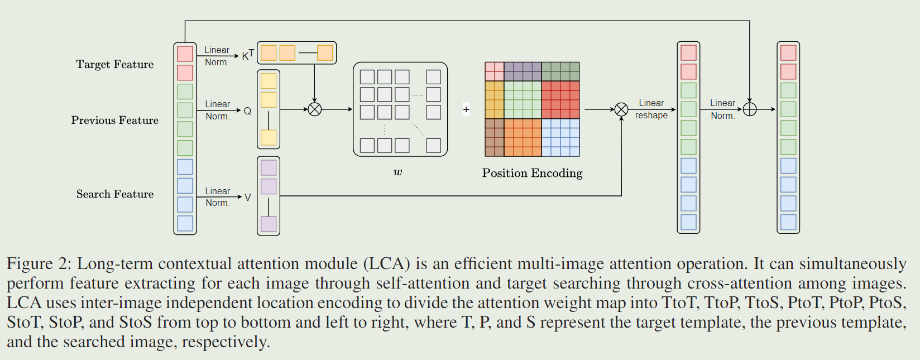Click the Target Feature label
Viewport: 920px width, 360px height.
pyautogui.click(x=114, y=64)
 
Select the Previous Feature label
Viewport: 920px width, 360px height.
pyautogui.click(x=114, y=120)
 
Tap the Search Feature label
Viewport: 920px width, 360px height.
pyautogui.click(x=114, y=194)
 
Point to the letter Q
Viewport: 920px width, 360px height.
pyautogui.click(x=247, y=111)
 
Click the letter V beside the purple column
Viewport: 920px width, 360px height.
pyautogui.click(x=247, y=197)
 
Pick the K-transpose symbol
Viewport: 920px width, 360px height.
pyautogui.click(x=247, y=55)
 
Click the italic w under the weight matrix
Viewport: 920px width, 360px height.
pyautogui.click(x=397, y=172)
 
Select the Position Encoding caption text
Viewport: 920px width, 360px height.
pyautogui.click(x=532, y=173)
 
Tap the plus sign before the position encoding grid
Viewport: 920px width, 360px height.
pyautogui.click(x=466, y=109)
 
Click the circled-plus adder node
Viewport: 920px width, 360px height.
pyautogui.click(x=750, y=109)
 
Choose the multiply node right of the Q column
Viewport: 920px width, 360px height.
pyautogui.click(x=315, y=109)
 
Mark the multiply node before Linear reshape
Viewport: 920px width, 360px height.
pyautogui.click(x=621, y=109)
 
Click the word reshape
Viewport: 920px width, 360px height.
pyautogui.click(x=651, y=116)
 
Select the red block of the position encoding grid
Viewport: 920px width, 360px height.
pyautogui.click(x=560, y=99)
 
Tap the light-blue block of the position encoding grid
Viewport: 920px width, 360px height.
pyautogui.click(x=560, y=137)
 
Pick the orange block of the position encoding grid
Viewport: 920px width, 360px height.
pyautogui.click(x=523, y=137)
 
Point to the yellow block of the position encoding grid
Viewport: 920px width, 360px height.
pyautogui.click(x=494, y=99)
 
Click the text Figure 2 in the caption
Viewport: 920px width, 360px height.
pyautogui.click(x=38, y=263)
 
